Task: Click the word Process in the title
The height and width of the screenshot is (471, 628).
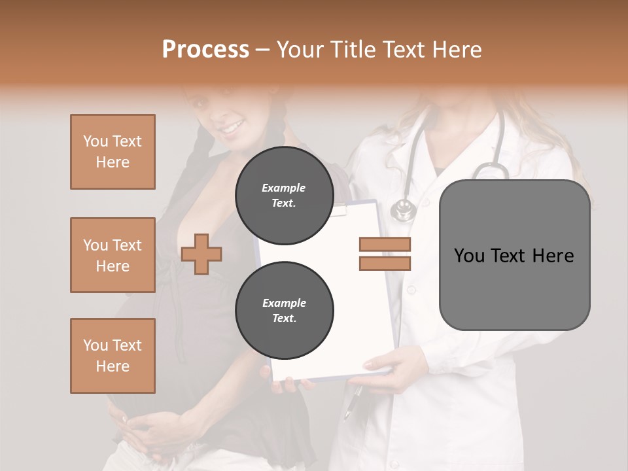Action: click(205, 50)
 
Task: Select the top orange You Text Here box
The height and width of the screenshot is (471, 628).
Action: click(113, 152)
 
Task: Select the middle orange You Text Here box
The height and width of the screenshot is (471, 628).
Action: click(113, 255)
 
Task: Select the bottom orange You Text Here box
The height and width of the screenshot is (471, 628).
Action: click(113, 356)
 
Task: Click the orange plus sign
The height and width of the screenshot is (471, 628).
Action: click(201, 254)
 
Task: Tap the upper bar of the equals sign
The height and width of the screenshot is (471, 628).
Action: click(385, 245)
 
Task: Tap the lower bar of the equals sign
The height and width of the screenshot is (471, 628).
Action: click(385, 264)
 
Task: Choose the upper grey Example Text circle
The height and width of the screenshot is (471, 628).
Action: click(284, 196)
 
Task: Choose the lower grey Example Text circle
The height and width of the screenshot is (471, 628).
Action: click(284, 311)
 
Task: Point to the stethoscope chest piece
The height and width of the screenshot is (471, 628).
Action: click(403, 210)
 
